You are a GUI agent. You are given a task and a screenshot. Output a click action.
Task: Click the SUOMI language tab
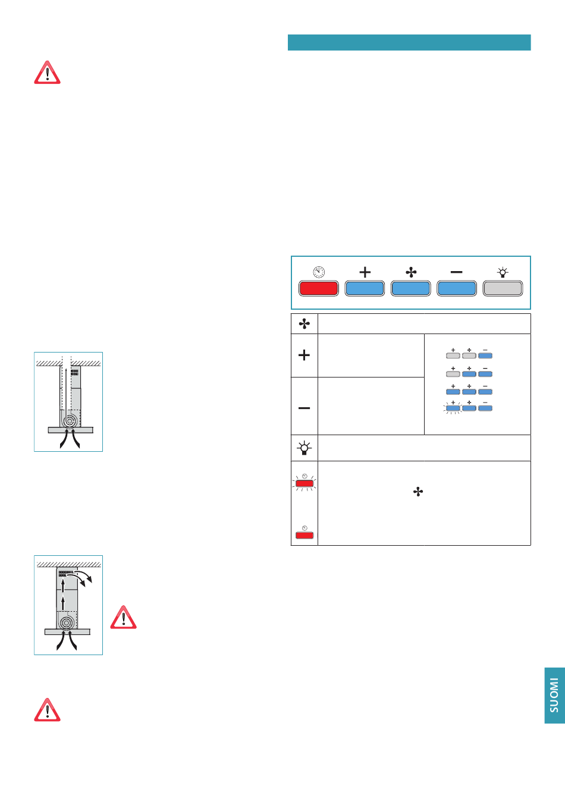555,695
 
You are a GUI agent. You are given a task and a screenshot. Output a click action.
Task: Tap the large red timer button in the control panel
319,288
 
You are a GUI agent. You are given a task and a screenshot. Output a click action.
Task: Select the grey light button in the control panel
503,288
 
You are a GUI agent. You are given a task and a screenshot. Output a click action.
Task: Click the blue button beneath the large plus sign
365,288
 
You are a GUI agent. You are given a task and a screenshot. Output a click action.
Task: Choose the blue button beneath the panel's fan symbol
410,288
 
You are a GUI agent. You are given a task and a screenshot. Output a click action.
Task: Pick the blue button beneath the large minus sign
457,288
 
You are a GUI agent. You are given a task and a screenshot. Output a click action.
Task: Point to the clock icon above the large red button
319,272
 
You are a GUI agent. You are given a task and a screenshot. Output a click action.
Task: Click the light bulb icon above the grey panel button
503,272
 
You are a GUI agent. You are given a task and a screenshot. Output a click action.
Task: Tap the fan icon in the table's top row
304,323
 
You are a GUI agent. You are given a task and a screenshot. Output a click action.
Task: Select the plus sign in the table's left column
304,355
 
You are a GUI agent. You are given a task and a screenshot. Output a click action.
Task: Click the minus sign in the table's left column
304,408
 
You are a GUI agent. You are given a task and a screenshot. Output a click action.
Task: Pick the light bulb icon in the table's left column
304,448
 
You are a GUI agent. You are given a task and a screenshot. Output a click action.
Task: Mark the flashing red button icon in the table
305,483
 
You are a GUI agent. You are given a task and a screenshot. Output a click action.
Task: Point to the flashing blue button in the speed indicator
453,408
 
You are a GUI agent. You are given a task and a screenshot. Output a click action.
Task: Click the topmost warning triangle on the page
47,73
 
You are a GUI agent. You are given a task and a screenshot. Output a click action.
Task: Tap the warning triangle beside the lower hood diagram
124,618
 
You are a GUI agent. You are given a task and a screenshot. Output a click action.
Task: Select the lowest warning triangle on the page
47,710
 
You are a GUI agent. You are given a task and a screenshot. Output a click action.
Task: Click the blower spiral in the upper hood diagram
69,420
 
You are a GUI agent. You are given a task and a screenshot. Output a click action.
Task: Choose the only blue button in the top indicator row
485,356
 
